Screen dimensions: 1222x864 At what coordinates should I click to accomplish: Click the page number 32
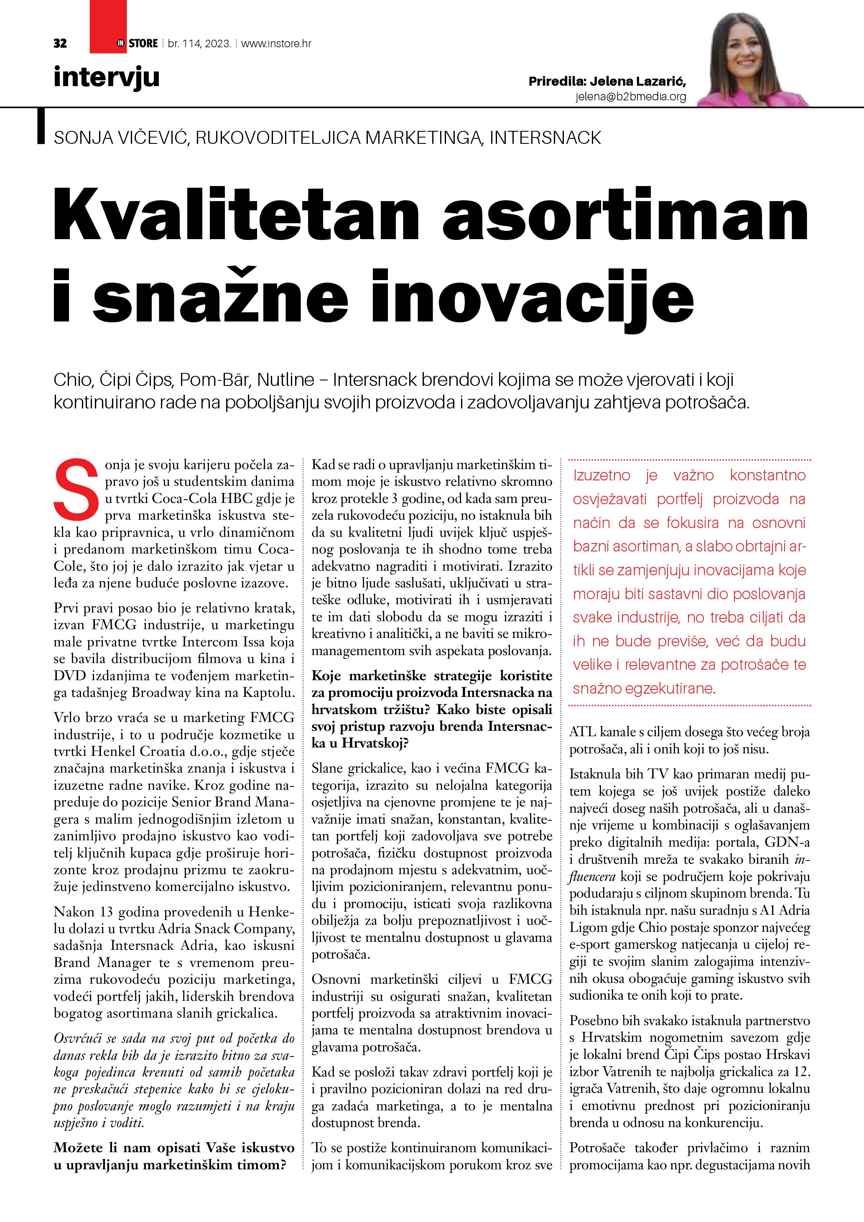[60, 43]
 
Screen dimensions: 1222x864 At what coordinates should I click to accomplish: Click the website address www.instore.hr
[276, 43]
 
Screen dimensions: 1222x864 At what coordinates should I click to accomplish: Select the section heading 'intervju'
[107, 77]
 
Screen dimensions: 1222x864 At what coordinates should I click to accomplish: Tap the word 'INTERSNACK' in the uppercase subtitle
[545, 138]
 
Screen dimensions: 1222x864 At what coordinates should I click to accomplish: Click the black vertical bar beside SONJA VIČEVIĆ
[41, 126]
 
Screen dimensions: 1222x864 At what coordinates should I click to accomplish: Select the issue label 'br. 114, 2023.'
[199, 43]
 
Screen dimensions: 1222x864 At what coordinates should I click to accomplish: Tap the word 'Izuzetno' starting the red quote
[602, 475]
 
